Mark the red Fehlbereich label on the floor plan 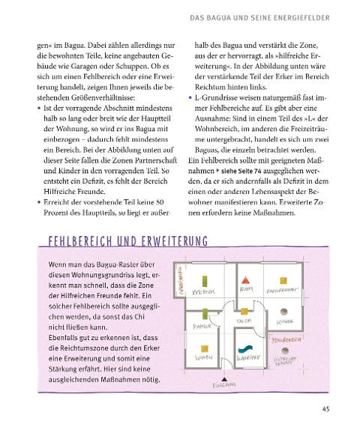(287, 339)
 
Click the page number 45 (325, 408)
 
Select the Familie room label (203, 327)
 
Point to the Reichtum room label (204, 292)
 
